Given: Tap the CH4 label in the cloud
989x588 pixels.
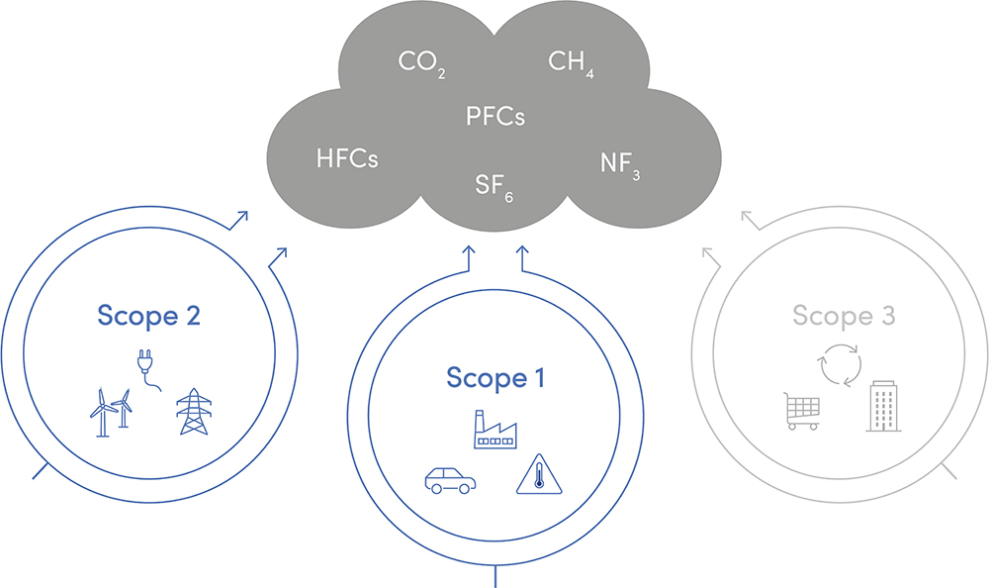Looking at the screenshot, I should tap(571, 63).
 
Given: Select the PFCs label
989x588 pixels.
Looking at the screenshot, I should tap(494, 116).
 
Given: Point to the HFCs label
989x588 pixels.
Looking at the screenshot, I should tap(347, 158).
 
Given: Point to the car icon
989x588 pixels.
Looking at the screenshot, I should tap(450, 480).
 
